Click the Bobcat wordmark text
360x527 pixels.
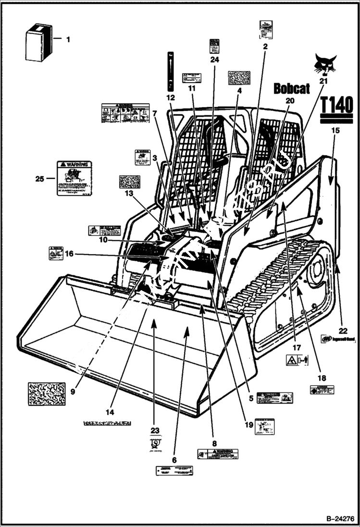click(x=292, y=88)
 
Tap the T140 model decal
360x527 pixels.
click(x=336, y=105)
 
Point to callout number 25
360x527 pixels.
click(x=40, y=179)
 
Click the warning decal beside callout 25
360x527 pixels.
click(x=74, y=178)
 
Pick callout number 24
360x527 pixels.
click(x=214, y=60)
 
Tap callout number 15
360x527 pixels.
click(x=335, y=130)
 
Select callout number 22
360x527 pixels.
click(x=342, y=330)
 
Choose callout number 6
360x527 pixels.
click(x=174, y=460)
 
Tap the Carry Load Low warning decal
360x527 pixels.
click(x=218, y=454)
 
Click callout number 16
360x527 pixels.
click(x=69, y=254)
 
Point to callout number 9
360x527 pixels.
click(x=73, y=392)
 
